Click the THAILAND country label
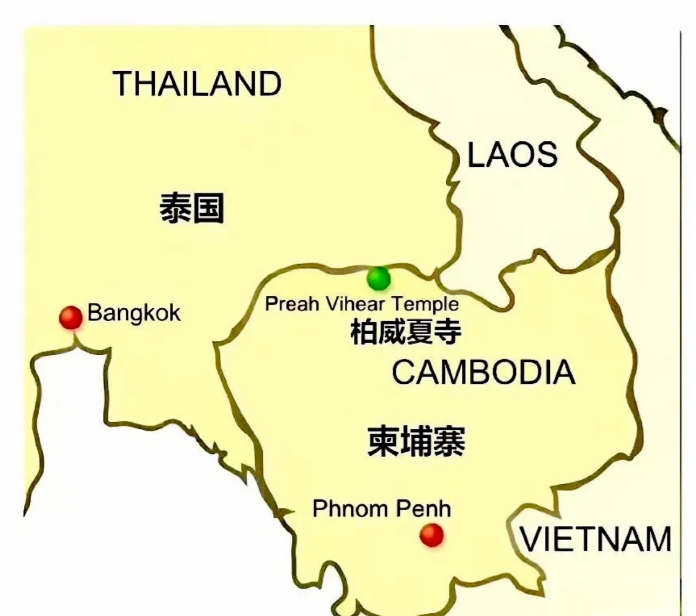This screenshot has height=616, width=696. click(x=197, y=84)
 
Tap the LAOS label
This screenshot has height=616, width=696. click(x=512, y=154)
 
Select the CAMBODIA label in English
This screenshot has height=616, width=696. click(x=483, y=372)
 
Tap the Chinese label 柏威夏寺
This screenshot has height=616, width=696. click(x=406, y=331)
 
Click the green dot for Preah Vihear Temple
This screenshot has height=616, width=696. click(x=378, y=279)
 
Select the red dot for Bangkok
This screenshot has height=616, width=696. click(x=71, y=317)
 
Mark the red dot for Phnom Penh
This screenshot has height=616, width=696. click(x=432, y=535)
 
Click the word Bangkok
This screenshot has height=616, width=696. click(x=134, y=313)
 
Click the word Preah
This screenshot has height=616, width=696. click(x=292, y=303)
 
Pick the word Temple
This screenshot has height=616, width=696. click(x=425, y=304)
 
